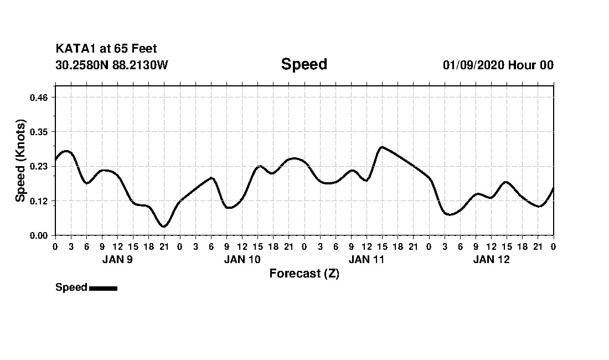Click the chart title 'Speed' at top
coord(304,64)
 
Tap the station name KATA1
coord(75,49)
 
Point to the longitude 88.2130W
coord(140,65)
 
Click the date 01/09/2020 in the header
coord(473,65)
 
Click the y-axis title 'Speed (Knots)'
coord(20,161)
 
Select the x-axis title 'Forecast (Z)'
coord(304,274)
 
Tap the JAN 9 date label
coord(117,259)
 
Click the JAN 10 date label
coord(242,259)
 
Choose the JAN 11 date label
coord(367,259)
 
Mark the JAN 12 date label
coord(491,259)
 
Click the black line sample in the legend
coord(103,288)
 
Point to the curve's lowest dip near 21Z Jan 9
coord(163,226)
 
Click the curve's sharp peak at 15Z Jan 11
coord(381,147)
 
